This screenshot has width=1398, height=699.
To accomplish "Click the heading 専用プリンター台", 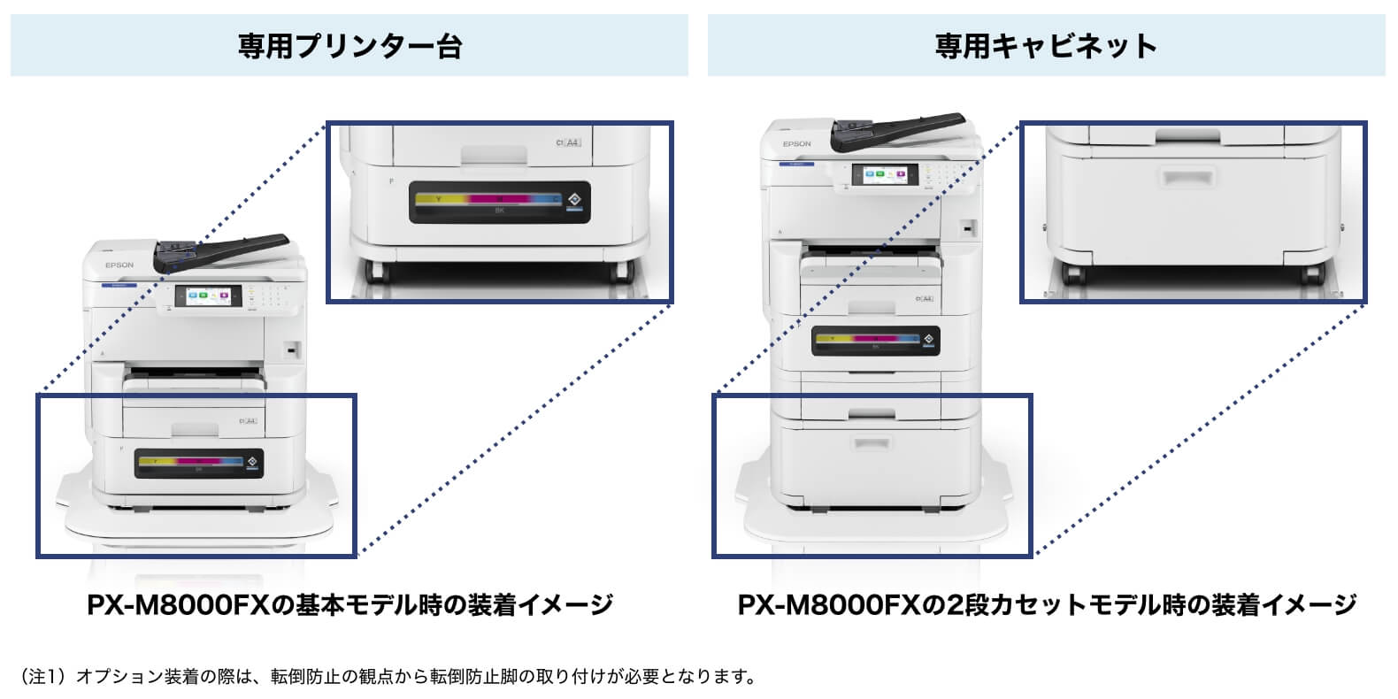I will (x=349, y=45).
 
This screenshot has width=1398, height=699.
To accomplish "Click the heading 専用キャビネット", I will (x=1046, y=45).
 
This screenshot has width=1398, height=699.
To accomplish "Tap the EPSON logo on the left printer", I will (x=119, y=265).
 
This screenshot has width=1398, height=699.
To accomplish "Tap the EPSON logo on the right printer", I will (x=796, y=143).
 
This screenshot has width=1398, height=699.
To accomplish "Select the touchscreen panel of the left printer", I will (x=209, y=298).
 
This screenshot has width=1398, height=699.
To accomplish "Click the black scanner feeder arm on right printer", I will (x=898, y=129).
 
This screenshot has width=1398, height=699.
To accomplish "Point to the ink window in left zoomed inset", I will (x=500, y=202).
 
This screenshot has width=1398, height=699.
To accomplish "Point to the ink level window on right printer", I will (x=875, y=341).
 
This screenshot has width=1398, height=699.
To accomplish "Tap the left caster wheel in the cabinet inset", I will (x=1072, y=273).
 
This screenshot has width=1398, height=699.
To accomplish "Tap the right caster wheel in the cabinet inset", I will (x=1313, y=273).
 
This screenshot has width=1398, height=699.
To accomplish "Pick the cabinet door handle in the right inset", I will (x=1188, y=178).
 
